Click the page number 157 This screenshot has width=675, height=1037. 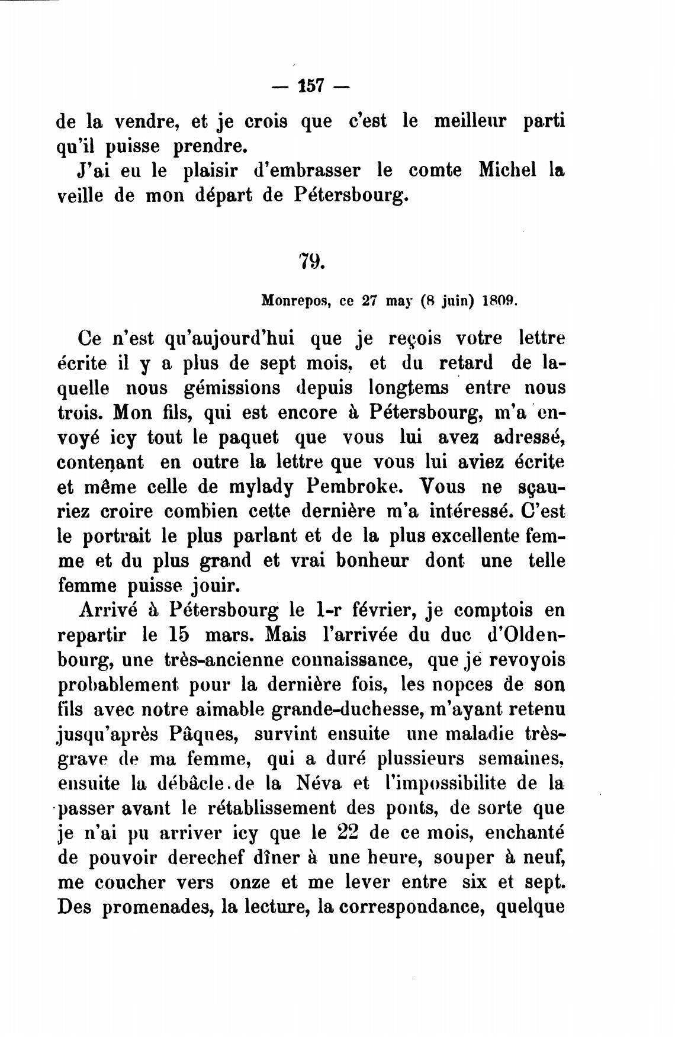[x=311, y=86]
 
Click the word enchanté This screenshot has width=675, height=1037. [x=525, y=833]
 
